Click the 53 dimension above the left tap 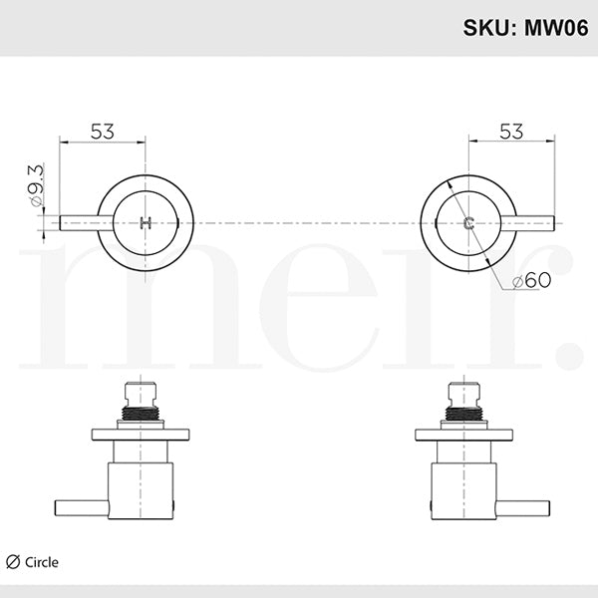(103, 131)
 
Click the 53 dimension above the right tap (511, 131)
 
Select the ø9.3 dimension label (37, 187)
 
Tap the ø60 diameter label (531, 282)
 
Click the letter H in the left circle (147, 222)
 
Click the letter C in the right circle (467, 222)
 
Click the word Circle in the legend (42, 562)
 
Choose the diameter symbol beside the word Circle (12, 562)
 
